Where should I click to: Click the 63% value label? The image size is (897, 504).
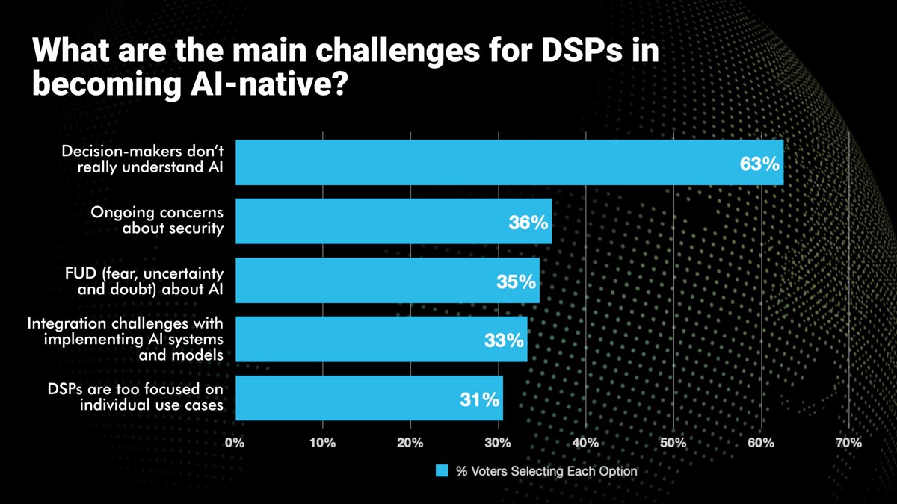click(759, 164)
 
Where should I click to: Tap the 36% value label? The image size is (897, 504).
click(528, 223)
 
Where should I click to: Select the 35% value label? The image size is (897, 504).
click(517, 281)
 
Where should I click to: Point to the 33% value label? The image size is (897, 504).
click(504, 340)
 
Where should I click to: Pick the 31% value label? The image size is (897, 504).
click(479, 399)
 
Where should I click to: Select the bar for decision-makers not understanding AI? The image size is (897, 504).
click(486, 162)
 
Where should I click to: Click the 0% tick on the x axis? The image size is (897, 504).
click(235, 443)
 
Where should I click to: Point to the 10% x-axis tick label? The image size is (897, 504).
click(322, 443)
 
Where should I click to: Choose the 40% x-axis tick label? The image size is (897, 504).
click(585, 443)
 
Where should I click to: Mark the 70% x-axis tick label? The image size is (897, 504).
click(848, 443)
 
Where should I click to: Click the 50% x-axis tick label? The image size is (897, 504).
click(673, 443)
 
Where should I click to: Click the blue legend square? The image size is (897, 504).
click(441, 472)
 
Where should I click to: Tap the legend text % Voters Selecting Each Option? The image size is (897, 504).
click(546, 472)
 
